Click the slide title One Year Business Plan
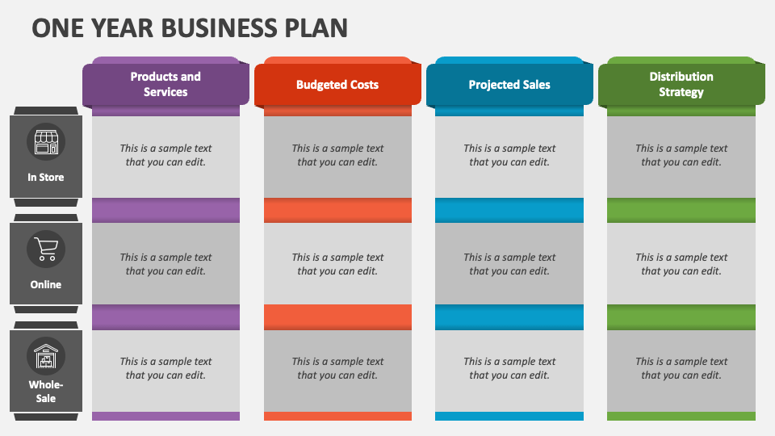click(x=190, y=27)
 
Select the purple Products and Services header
click(x=165, y=84)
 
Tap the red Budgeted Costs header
click(x=337, y=84)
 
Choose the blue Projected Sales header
click(x=509, y=84)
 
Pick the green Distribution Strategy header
click(x=681, y=84)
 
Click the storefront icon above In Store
click(x=46, y=142)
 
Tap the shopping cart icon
click(x=46, y=249)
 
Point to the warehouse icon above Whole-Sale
click(x=46, y=356)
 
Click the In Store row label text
click(x=46, y=177)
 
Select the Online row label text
click(x=46, y=284)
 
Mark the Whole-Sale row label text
click(x=46, y=391)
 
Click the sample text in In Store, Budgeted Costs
click(x=337, y=155)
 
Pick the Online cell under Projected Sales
click(x=509, y=263)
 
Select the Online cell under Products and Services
click(x=165, y=263)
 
